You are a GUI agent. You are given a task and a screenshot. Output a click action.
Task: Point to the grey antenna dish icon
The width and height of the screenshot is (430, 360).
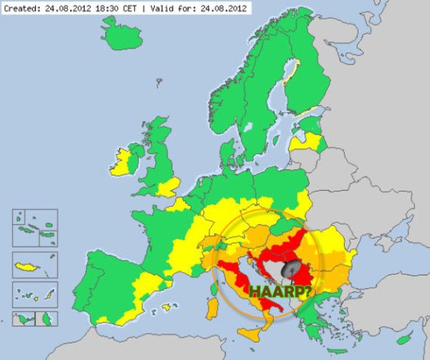[292, 270]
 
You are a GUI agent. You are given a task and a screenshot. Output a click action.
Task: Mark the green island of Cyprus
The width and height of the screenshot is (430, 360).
[406, 338]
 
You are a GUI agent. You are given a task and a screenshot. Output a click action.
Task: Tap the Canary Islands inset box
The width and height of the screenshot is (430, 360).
[34, 294]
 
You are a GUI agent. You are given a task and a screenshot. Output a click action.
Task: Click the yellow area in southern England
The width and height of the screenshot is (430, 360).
[168, 189]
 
